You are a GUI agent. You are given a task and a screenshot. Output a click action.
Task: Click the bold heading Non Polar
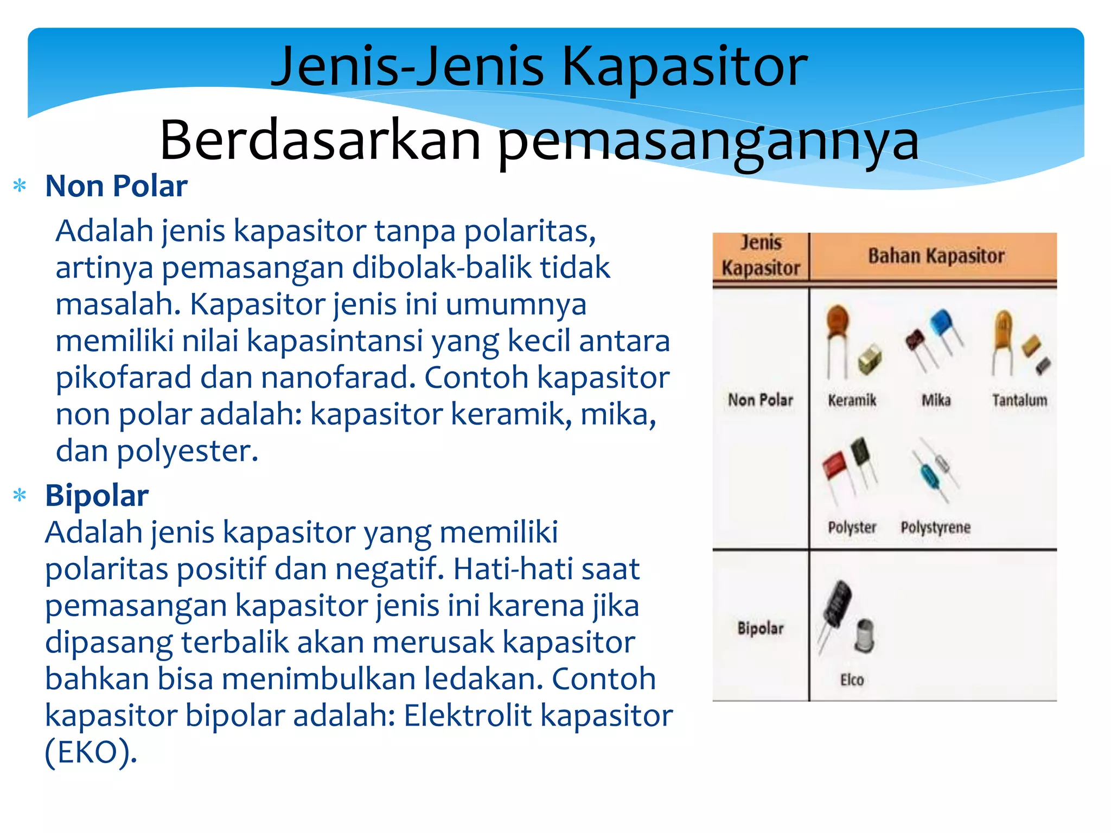click(x=116, y=186)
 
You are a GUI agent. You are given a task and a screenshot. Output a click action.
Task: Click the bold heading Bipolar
click(x=97, y=495)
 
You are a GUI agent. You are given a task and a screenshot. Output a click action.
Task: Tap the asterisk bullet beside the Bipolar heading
click(x=20, y=495)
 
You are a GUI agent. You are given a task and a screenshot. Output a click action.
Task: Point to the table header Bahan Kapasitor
click(x=936, y=256)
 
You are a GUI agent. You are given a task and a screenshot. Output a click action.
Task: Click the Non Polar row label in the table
click(x=760, y=400)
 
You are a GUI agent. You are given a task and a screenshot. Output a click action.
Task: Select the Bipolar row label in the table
click(x=760, y=629)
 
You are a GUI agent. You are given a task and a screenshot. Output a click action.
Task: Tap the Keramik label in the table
click(x=852, y=400)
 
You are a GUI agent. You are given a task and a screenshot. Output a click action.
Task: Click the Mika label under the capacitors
click(x=936, y=400)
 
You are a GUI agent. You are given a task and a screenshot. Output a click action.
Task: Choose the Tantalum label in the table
click(x=1019, y=400)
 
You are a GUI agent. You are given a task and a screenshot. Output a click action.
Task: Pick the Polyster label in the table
click(x=852, y=527)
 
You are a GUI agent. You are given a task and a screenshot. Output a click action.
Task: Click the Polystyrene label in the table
click(x=935, y=527)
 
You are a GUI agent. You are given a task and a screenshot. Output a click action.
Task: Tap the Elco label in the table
click(x=852, y=680)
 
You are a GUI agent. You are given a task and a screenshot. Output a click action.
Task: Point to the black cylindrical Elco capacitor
click(x=837, y=603)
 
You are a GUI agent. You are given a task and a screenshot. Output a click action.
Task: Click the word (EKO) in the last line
click(x=90, y=753)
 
